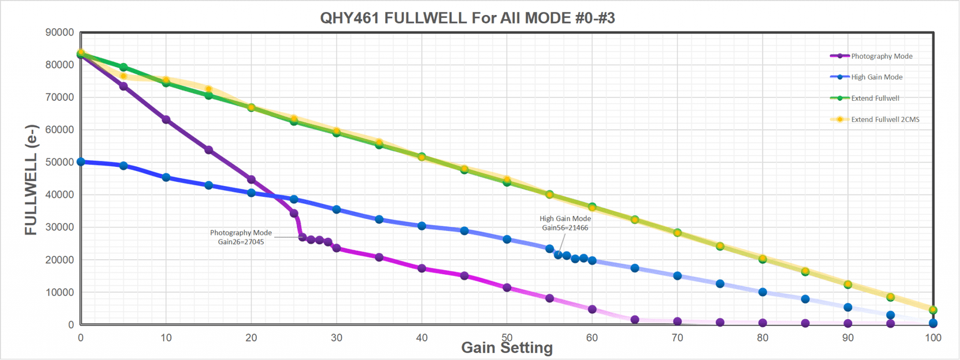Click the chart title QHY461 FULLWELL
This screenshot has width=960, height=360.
click(x=467, y=18)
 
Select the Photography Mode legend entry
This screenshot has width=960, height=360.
click(x=881, y=56)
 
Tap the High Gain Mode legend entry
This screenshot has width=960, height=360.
click(x=876, y=77)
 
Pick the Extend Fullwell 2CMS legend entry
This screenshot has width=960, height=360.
click(x=885, y=119)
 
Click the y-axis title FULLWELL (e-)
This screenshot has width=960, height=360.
click(x=31, y=179)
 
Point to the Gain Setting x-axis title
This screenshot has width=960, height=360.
click(x=507, y=348)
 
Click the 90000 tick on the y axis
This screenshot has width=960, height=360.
click(x=60, y=32)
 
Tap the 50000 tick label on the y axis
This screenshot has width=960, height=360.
click(x=60, y=162)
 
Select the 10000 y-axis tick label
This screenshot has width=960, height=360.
click(x=60, y=292)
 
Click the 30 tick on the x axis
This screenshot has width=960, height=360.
click(x=337, y=338)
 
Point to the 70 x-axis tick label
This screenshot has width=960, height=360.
click(x=677, y=338)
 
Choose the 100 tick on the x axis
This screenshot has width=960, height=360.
click(x=933, y=338)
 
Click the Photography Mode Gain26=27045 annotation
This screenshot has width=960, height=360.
click(x=241, y=237)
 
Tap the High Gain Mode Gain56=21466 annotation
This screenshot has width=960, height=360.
click(x=565, y=223)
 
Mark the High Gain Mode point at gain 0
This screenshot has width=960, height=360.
click(x=81, y=162)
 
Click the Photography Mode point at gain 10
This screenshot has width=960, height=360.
click(x=166, y=120)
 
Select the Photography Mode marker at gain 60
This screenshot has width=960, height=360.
click(x=592, y=310)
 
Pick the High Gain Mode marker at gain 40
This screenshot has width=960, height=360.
click(x=422, y=226)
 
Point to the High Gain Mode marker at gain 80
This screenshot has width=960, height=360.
click(x=763, y=292)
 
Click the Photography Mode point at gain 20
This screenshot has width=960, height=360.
click(x=251, y=180)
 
